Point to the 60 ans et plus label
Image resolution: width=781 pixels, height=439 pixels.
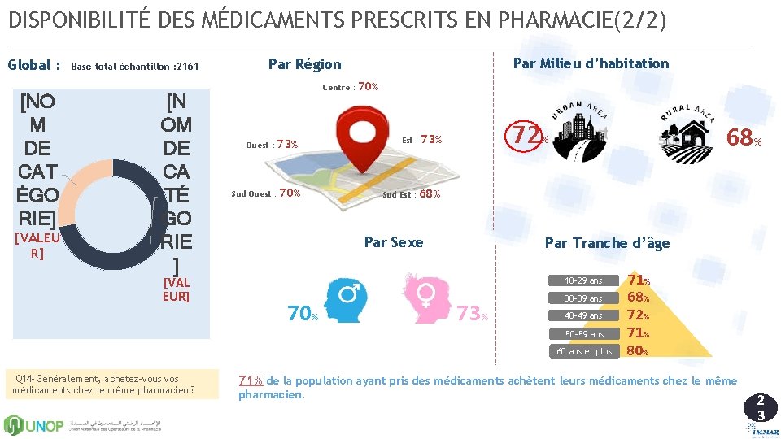pos(584,351)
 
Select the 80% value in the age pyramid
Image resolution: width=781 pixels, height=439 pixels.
pos(637,351)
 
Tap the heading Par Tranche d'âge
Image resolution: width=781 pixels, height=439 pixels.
pos(607,243)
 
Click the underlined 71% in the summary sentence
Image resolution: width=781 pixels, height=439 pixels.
pos(250,380)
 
